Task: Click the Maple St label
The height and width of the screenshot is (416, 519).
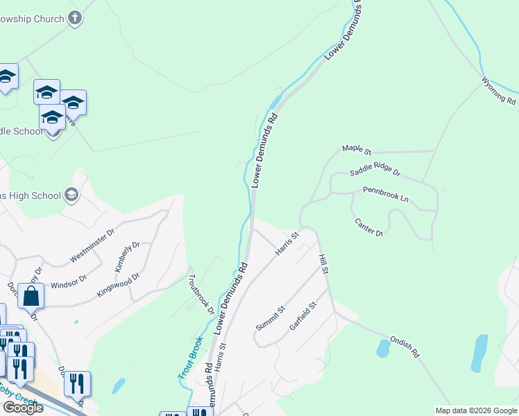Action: (x=357, y=149)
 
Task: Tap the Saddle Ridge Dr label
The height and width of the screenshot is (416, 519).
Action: (x=375, y=171)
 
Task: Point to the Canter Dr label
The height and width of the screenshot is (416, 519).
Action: (x=369, y=227)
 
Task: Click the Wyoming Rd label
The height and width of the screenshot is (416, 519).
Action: (x=499, y=91)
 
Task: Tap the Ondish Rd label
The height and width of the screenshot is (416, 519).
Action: (x=405, y=347)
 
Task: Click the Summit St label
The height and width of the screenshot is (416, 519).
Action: (x=271, y=318)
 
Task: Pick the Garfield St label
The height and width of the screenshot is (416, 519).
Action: (x=303, y=315)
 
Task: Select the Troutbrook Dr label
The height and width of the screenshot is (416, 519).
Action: (x=201, y=294)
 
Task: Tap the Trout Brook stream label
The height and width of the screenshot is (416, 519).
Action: (x=190, y=358)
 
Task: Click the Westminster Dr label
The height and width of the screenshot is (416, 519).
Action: (x=91, y=247)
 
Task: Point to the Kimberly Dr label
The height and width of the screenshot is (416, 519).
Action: (x=128, y=257)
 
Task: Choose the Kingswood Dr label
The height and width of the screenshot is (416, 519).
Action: (x=118, y=285)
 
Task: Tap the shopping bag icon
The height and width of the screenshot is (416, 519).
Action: (x=31, y=296)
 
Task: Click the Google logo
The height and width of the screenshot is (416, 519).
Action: (x=23, y=408)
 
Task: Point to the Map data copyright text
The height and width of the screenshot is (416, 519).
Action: (x=475, y=410)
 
